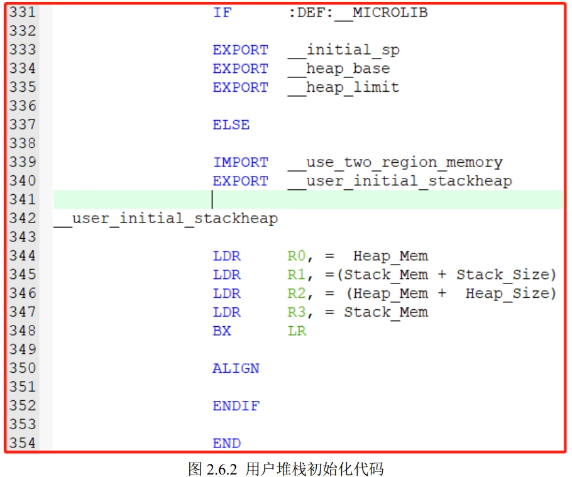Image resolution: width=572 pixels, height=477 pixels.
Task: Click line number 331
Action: tap(22, 13)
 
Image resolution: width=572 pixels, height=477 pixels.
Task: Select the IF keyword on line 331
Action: tap(222, 13)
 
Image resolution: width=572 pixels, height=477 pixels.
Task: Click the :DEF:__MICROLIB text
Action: tap(358, 13)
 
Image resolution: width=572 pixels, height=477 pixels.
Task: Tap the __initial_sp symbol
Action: tap(343, 50)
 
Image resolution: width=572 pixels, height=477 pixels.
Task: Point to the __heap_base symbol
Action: tap(339, 69)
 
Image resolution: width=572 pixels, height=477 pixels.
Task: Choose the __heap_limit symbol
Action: tap(343, 87)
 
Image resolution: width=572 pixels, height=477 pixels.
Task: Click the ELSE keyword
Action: tap(231, 125)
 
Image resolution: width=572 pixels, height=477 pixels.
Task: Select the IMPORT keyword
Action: tap(240, 162)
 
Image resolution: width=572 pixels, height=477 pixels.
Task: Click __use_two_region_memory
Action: tap(395, 162)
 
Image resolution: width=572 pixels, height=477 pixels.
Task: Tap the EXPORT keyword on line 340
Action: tap(240, 181)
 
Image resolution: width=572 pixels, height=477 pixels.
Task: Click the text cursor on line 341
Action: tap(212, 200)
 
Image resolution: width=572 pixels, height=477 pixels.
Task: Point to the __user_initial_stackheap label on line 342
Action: tap(166, 219)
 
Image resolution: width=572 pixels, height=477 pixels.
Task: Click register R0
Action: tap(297, 256)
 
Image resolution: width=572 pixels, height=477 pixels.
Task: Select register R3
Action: tap(297, 312)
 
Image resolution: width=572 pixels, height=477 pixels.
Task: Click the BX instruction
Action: tap(222, 331)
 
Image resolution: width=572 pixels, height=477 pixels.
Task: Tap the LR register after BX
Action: tap(297, 331)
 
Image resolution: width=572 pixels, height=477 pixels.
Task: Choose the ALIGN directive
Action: tap(236, 368)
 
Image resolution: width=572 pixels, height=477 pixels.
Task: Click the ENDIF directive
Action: tap(236, 406)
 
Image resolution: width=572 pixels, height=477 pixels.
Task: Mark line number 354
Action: tap(22, 443)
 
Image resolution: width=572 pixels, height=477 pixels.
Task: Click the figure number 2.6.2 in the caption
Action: tap(223, 469)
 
